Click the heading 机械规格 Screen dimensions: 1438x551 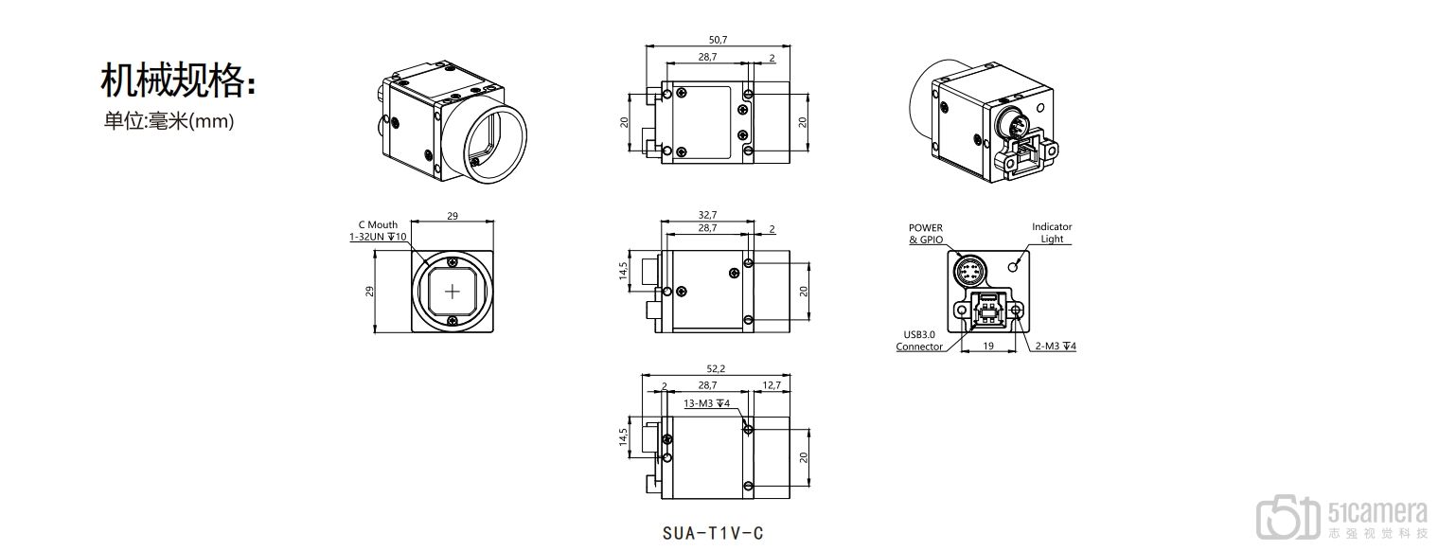click(173, 80)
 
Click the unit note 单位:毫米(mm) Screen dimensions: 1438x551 click(169, 121)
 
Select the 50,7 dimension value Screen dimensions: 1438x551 click(718, 40)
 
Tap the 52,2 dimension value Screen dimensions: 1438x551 click(716, 368)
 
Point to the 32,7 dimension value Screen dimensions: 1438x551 click(707, 215)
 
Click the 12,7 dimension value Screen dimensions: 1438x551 click(771, 385)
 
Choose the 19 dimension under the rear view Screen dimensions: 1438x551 click(988, 347)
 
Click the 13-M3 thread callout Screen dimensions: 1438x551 click(707, 403)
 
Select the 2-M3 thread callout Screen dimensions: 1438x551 click(1056, 347)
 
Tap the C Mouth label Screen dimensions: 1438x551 click(378, 224)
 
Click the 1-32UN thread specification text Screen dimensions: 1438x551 click(378, 237)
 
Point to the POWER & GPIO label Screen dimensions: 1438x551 click(926, 234)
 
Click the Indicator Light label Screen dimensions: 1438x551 click(1052, 233)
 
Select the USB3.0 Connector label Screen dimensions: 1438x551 click(919, 341)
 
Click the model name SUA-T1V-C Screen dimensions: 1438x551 click(713, 534)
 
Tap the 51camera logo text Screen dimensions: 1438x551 click(1377, 513)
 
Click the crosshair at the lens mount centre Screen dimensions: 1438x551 click(453, 292)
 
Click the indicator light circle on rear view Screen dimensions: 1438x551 click(1014, 265)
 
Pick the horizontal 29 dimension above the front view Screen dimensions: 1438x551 click(453, 217)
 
